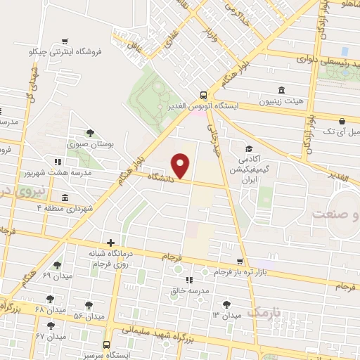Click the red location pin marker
pyautogui.click(x=181, y=165)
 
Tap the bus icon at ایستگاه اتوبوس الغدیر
pyautogui.click(x=203, y=95)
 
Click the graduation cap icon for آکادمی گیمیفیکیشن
pyautogui.click(x=248, y=148)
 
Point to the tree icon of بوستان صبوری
pyautogui.click(x=89, y=133)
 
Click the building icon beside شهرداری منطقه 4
pyautogui.click(x=65, y=197)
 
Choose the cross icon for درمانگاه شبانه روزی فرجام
pyautogui.click(x=111, y=243)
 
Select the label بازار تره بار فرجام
pyautogui.click(x=271, y=272)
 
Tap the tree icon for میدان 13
pyautogui.click(x=226, y=304)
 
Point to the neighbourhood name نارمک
pyautogui.click(x=265, y=311)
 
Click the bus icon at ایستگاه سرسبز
pyautogui.click(x=106, y=345)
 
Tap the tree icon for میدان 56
pyautogui.click(x=89, y=304)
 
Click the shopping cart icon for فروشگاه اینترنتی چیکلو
pyautogui.click(x=65, y=41)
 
